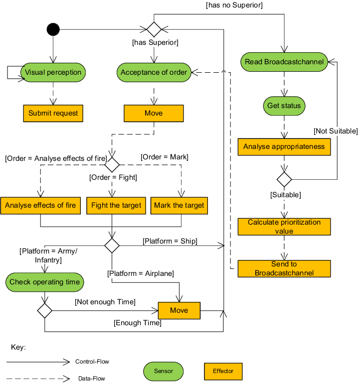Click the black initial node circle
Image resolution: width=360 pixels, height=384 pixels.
pyautogui.click(x=53, y=29)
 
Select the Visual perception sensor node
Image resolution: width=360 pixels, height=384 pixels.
pyautogui.click(x=53, y=72)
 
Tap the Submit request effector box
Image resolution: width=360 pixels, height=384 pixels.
pyautogui.click(x=53, y=113)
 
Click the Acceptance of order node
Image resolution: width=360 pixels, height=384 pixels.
pyautogui.click(x=154, y=72)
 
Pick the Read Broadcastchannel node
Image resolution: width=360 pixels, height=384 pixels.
pyautogui.click(x=284, y=62)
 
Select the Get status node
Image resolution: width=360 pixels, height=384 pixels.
pyautogui.click(x=284, y=106)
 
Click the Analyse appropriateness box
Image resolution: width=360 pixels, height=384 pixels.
pyautogui.click(x=284, y=146)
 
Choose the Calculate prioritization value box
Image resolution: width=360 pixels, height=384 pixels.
pyautogui.click(x=284, y=227)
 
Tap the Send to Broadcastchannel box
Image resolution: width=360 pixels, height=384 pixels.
pyautogui.click(x=284, y=268)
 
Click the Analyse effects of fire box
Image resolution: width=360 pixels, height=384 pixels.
pyautogui.click(x=40, y=205)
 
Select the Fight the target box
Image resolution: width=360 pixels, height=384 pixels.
pyautogui.click(x=116, y=205)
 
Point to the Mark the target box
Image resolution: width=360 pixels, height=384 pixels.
pyautogui.click(x=179, y=205)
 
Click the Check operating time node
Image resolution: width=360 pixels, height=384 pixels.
pyautogui.click(x=45, y=282)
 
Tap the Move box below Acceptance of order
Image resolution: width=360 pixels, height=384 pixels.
pyautogui.click(x=154, y=113)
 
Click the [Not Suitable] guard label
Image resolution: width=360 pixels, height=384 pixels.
pyautogui.click(x=335, y=131)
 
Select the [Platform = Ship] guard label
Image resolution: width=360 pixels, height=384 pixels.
pyautogui.click(x=170, y=241)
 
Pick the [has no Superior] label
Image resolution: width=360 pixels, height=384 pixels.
pyautogui.click(x=234, y=5)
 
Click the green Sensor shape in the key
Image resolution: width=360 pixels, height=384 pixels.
pyautogui.click(x=164, y=371)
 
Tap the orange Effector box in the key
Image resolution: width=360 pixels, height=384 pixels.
pyautogui.click(x=223, y=371)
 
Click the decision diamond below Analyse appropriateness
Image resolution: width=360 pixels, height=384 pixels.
pyautogui.click(x=284, y=179)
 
